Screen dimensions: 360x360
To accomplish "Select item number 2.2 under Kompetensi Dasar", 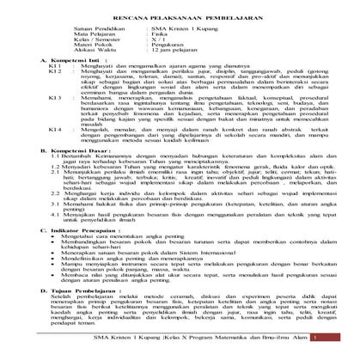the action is (x=52, y=217).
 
